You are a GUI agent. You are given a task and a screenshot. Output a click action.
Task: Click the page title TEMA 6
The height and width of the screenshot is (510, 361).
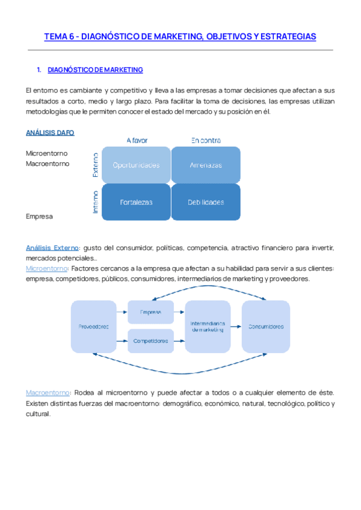pos(180,37)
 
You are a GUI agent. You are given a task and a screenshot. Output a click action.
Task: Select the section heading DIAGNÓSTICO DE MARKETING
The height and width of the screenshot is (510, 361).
pos(94,70)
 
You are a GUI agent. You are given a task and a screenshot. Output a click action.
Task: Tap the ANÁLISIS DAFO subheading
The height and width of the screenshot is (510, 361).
pos(50,132)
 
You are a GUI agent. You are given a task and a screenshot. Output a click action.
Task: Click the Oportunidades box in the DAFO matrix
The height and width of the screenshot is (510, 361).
pos(136,164)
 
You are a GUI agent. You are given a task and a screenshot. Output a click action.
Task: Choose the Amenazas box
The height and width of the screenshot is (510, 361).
pos(206,164)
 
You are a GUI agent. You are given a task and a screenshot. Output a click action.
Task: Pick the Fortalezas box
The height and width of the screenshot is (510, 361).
pos(136,202)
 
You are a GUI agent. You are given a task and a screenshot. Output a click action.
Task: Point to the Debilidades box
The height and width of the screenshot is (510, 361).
pos(206,202)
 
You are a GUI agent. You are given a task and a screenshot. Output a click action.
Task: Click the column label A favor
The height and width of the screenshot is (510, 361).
pos(137,140)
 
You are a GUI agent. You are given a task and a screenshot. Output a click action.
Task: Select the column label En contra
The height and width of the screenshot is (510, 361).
pos(206,140)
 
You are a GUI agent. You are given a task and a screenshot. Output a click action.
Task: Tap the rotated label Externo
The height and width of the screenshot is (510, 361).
pos(95,164)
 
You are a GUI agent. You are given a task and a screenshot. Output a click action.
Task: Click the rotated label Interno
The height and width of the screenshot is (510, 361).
pos(95,202)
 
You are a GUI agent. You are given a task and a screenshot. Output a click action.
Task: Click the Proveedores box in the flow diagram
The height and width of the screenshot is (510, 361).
pos(93,327)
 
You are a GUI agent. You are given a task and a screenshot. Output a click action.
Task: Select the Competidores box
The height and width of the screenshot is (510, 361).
pos(150,341)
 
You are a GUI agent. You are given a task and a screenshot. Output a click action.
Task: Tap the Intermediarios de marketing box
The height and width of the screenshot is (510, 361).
pos(208,327)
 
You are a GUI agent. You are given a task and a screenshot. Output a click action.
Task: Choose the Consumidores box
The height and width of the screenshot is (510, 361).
pos(265,327)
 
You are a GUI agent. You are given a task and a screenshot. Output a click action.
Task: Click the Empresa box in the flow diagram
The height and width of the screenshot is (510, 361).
pos(150,313)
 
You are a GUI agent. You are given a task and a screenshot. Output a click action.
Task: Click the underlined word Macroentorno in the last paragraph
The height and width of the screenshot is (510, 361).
pos(48,392)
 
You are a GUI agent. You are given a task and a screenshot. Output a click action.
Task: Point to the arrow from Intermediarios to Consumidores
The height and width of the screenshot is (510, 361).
pos(236,327)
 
